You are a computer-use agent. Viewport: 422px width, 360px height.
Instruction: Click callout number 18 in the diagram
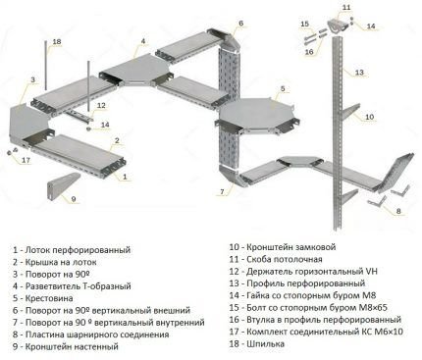coord(56,42)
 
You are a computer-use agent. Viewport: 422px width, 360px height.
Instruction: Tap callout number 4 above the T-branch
coord(142,41)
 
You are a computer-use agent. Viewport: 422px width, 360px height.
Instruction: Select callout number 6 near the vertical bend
coord(240,22)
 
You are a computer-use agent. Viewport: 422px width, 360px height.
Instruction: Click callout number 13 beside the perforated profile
coord(359,72)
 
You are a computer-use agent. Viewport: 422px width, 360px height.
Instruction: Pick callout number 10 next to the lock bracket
coord(369,118)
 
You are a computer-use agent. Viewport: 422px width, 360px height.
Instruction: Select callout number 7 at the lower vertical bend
coord(223,191)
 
